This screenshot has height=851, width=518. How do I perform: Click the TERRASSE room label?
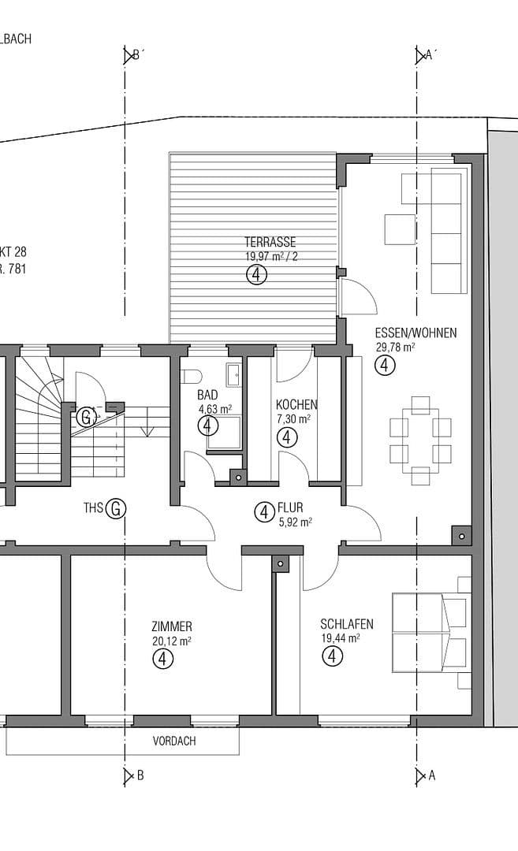270,243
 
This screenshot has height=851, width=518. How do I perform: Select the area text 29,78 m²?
396,347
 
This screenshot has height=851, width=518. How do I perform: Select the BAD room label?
207,396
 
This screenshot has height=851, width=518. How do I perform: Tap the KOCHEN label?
296,404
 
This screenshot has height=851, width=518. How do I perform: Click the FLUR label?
290,508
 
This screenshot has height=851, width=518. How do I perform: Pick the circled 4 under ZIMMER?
162,659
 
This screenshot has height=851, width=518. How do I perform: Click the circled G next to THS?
115,508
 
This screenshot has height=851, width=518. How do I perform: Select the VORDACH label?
174,741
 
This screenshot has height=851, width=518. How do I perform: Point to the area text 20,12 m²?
172,641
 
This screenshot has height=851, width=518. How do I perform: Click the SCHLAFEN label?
347,624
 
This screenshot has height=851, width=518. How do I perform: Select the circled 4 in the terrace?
257,274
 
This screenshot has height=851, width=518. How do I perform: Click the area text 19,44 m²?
341,638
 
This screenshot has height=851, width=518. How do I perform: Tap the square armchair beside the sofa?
398,229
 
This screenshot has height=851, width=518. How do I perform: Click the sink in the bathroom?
234,375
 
